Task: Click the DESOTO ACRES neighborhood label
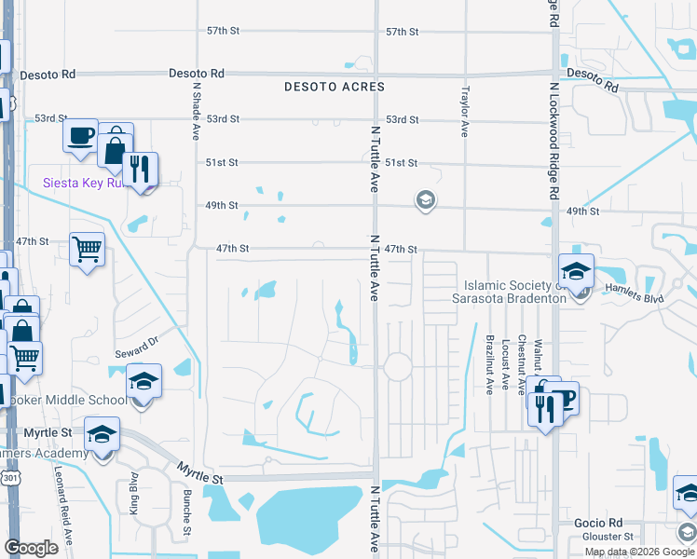(x=335, y=87)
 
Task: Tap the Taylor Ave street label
(x=464, y=112)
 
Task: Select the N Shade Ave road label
(x=197, y=112)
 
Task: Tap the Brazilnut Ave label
(x=489, y=364)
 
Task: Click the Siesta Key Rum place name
(x=83, y=183)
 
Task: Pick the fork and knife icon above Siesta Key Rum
(x=140, y=169)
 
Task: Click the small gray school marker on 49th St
(x=425, y=200)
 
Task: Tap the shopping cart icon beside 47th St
(x=87, y=249)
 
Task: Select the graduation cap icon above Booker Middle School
(x=143, y=382)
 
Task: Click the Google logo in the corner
(x=31, y=548)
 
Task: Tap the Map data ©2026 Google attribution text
(x=639, y=552)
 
